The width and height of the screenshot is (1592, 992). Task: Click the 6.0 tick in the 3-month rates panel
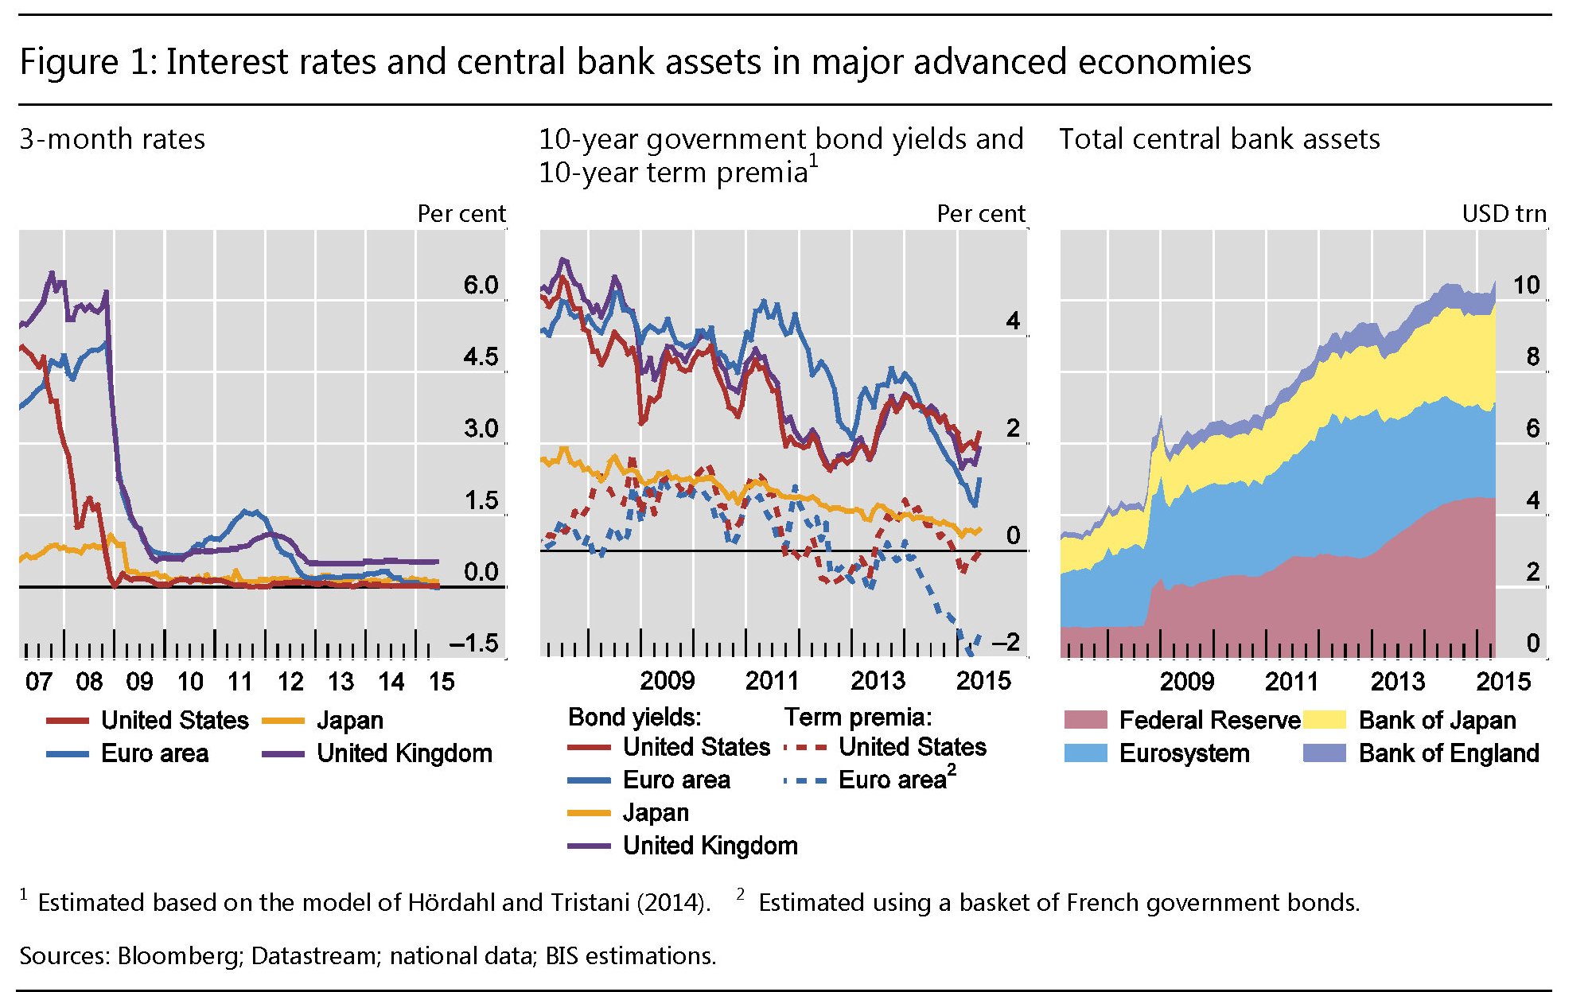pos(481,285)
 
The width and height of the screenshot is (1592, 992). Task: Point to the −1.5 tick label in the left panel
pos(474,643)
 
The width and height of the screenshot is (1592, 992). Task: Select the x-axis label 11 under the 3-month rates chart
pos(240,682)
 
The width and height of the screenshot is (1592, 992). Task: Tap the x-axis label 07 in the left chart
pos(39,682)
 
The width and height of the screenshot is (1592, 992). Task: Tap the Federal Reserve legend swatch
pos(1086,721)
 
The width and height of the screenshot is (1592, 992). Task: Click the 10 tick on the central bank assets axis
pos(1526,285)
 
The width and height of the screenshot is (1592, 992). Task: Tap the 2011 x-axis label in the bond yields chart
pos(772,681)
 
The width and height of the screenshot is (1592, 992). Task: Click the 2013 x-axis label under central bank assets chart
pos(1398,682)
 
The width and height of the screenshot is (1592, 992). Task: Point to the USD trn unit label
pos(1504,214)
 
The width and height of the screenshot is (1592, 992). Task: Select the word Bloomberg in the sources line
pos(179,955)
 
